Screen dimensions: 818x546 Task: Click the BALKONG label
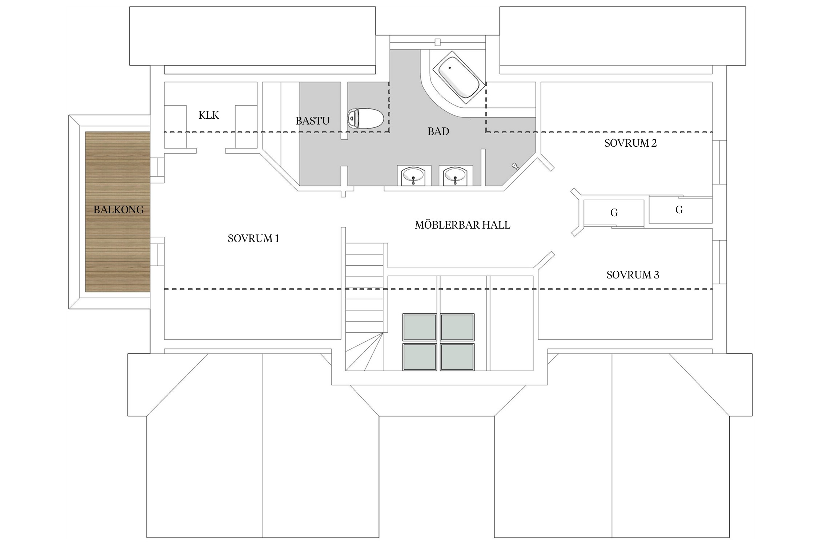point(119,210)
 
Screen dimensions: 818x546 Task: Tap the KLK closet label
point(209,115)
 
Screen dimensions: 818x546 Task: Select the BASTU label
point(312,121)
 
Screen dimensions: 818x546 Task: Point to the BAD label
point(438,131)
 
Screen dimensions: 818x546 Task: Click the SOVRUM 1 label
point(253,238)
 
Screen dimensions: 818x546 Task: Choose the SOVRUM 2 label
point(630,143)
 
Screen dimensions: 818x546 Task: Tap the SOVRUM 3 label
point(633,275)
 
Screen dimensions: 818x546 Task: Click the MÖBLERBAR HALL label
point(462,225)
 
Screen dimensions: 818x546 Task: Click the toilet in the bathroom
point(365,118)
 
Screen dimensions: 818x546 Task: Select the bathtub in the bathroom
point(458,79)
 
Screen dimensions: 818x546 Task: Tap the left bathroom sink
point(413,176)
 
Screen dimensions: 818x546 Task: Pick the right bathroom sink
point(456,176)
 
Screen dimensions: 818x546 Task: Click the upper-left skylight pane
point(419,327)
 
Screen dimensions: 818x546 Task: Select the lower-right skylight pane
point(457,357)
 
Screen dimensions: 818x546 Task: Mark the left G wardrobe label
point(614,213)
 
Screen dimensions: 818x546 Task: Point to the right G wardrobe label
point(679,210)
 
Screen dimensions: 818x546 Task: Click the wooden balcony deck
point(118,212)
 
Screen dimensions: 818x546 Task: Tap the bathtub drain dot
point(450,68)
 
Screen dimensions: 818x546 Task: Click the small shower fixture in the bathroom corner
point(515,166)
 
